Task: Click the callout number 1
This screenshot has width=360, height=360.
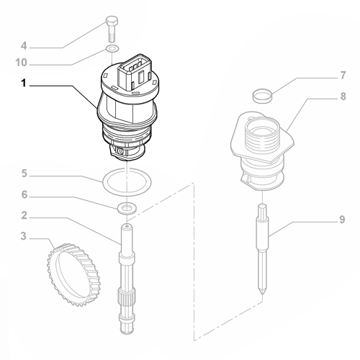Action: click(24, 84)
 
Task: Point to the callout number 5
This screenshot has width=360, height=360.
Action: click(24, 174)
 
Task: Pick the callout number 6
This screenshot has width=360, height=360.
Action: click(24, 195)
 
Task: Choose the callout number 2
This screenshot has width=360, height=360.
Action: click(24, 215)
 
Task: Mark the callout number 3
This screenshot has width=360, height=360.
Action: click(24, 235)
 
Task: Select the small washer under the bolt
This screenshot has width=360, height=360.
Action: click(112, 48)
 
